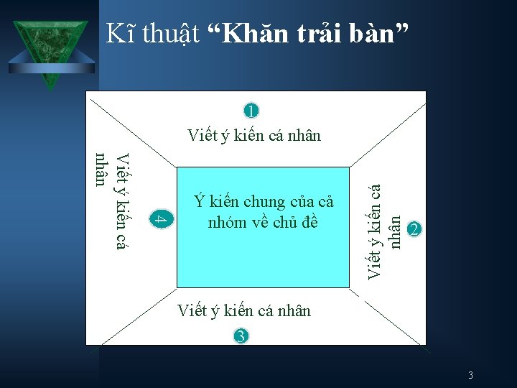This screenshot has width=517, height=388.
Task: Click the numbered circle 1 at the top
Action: pos(251,111)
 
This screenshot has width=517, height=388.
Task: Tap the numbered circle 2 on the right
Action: pos(414,229)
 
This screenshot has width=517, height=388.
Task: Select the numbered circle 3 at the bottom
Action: pos(241,336)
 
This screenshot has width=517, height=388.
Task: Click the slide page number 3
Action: pos(470,375)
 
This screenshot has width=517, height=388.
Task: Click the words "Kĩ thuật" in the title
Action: pos(152,33)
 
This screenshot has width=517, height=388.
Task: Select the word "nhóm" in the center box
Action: pos(231,222)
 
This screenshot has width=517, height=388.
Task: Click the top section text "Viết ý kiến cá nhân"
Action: pos(253,135)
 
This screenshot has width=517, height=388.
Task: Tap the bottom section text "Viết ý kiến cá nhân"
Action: pos(243,310)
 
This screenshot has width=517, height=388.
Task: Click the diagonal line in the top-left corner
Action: pos(132,129)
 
